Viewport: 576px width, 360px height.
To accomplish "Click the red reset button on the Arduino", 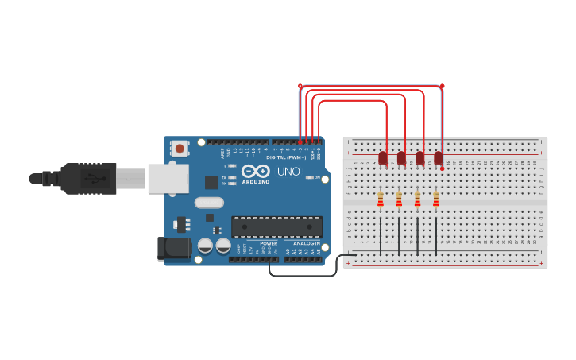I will click(x=180, y=148).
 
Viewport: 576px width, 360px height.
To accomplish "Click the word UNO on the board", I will click(x=288, y=171).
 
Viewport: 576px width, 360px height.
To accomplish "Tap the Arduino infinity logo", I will click(x=255, y=171).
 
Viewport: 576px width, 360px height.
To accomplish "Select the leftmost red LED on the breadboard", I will click(x=383, y=158).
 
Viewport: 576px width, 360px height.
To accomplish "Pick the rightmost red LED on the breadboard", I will click(x=439, y=158).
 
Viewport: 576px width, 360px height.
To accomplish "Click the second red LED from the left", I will click(x=401, y=158).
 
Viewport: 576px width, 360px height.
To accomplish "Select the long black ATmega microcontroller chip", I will click(x=276, y=226).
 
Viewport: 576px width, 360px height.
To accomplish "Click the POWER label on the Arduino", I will click(x=269, y=243).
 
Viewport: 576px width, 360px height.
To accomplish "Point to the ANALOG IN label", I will click(x=307, y=243).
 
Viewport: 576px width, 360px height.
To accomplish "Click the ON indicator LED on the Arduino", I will click(x=307, y=177).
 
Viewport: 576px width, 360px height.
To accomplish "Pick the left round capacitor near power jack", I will click(x=205, y=246).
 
